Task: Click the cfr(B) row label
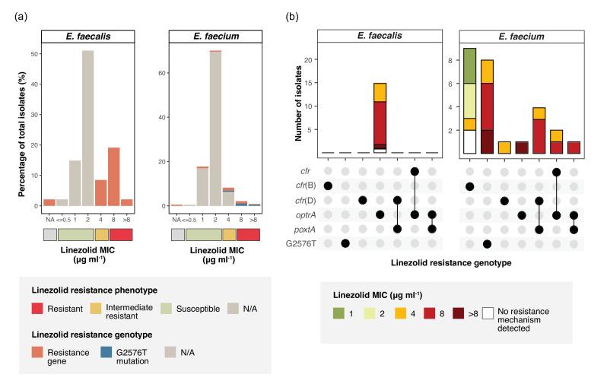tap(303, 186)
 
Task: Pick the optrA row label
tap(303, 214)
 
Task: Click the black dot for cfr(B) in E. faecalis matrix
tap(328, 186)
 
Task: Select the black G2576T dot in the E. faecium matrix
tap(488, 243)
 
